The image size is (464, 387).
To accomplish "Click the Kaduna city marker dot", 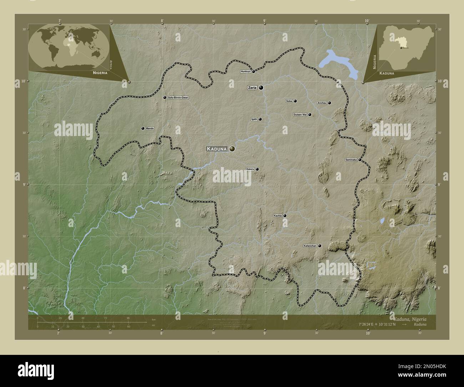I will tap(232, 149).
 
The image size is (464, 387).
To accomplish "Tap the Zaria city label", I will tap(252, 87).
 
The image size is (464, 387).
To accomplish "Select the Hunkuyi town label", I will tap(246, 71).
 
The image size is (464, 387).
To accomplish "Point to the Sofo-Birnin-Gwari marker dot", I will tap(165, 97).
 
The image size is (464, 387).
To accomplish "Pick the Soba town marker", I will tap(295, 101).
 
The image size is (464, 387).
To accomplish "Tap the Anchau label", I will tap(322, 103).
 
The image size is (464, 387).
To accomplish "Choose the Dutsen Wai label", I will tap(300, 115).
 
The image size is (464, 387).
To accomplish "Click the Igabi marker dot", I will tap(260, 119).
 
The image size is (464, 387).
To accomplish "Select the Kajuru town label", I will tap(250, 169).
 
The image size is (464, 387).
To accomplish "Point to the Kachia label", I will tap(278, 216).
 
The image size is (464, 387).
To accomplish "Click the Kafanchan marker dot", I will tap(319, 246).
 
